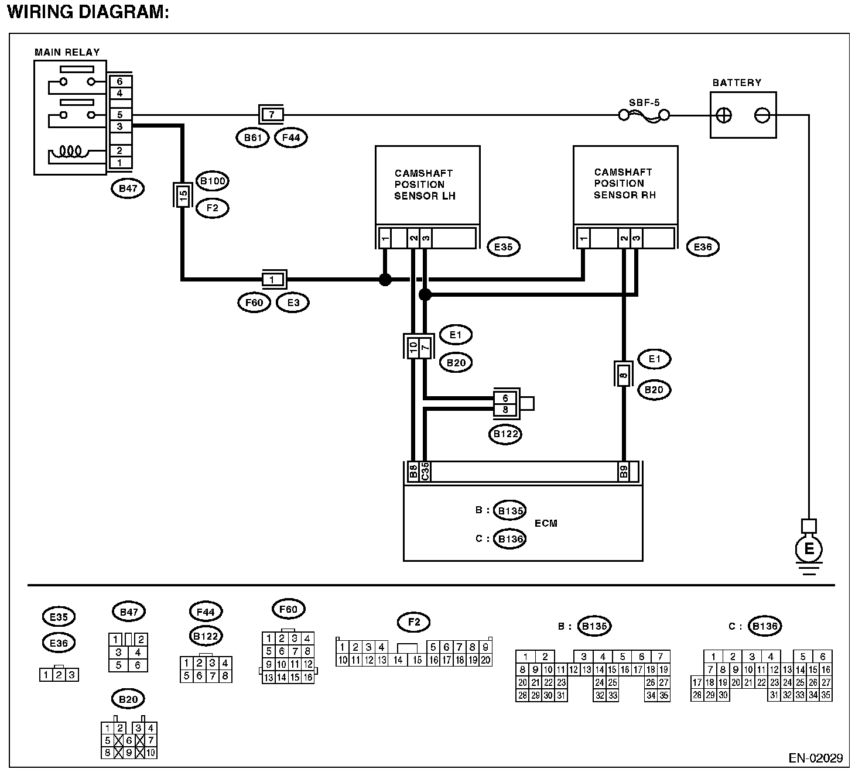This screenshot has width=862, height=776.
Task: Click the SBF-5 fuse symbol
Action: (644, 115)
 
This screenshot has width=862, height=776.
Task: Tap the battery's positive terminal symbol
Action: (724, 115)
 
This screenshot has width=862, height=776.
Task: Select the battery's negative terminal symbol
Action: (762, 115)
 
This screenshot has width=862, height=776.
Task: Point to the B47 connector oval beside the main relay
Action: (128, 188)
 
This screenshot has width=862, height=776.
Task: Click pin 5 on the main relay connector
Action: (120, 115)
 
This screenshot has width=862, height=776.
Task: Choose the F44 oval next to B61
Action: (291, 138)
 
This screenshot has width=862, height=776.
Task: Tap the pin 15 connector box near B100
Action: (183, 195)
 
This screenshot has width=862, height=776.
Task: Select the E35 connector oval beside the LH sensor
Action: (503, 247)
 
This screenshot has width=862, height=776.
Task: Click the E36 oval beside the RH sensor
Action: (703, 247)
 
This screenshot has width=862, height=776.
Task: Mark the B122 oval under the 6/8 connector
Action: (505, 434)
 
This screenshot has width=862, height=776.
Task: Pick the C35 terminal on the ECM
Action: (425, 472)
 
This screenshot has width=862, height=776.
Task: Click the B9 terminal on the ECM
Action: (624, 472)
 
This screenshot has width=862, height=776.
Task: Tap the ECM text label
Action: (546, 524)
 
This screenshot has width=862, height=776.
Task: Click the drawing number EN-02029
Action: (816, 758)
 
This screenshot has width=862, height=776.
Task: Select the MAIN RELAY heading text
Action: (67, 53)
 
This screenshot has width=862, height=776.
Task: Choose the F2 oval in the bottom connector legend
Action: (413, 622)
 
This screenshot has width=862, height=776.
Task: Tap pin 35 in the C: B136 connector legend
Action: (826, 695)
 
